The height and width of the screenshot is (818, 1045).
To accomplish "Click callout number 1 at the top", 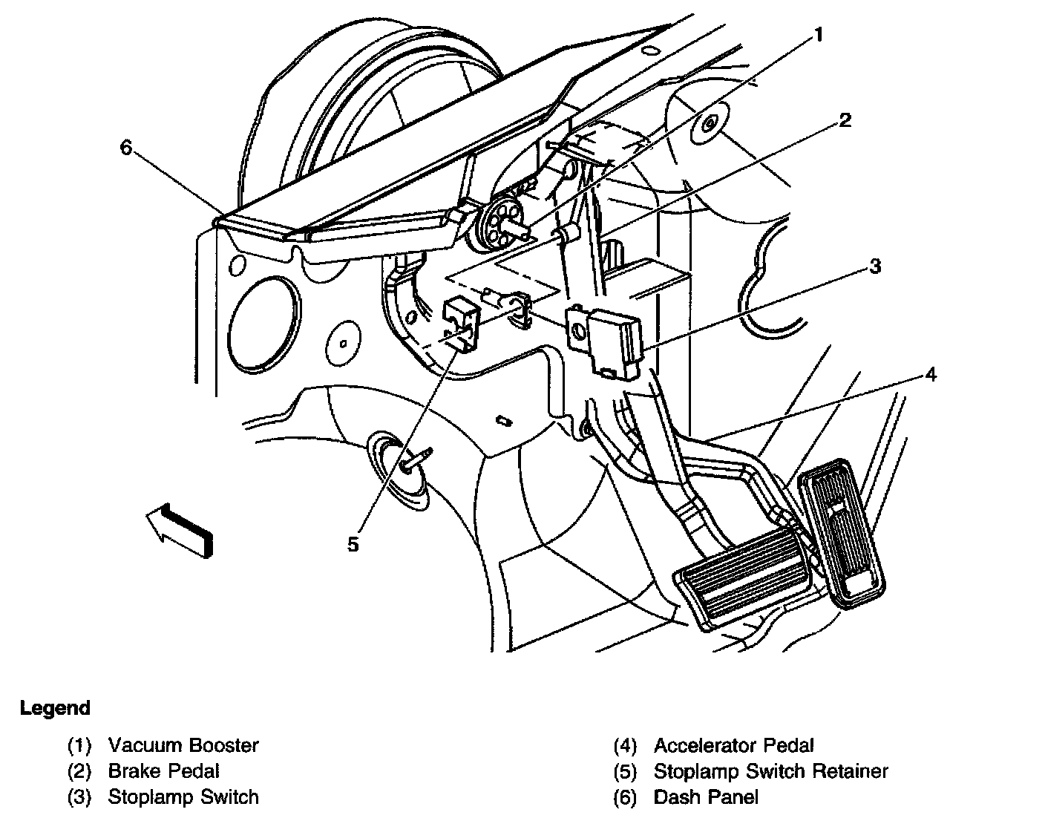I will click(819, 35).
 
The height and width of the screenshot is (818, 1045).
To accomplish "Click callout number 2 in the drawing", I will click(845, 120).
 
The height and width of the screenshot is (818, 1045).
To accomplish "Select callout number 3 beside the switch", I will click(875, 266).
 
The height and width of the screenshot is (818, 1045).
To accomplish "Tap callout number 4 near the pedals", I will click(930, 375).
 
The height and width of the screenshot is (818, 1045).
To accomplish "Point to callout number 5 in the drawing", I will click(353, 544).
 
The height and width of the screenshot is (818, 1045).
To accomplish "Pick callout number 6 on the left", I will click(126, 148).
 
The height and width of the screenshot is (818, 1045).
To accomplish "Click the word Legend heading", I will click(55, 708).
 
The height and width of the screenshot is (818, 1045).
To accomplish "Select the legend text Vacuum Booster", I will click(183, 745).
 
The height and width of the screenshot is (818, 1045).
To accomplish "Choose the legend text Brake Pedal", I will click(163, 771).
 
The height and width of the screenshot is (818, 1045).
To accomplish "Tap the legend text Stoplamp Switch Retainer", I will click(770, 771).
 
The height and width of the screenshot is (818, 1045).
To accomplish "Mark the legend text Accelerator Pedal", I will click(733, 745).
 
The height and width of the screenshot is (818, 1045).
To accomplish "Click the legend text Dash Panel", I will click(706, 797).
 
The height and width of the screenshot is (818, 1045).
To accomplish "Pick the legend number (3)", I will click(79, 797).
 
